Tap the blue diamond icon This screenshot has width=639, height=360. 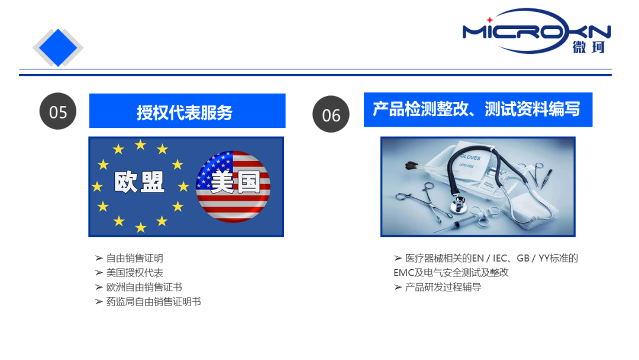click(x=58, y=47)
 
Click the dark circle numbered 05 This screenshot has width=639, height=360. click(x=58, y=111)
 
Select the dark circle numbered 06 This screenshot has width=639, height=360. click(x=331, y=114)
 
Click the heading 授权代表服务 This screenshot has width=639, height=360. click(x=187, y=111)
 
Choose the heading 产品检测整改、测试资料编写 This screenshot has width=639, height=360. click(x=477, y=110)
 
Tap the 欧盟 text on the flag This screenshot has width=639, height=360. click(x=140, y=181)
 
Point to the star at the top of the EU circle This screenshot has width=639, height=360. click(x=140, y=144)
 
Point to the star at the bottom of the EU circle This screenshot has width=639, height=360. click(x=140, y=227)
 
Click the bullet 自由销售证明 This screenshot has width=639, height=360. click(x=134, y=258)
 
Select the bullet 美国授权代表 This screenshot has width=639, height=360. click(x=134, y=273)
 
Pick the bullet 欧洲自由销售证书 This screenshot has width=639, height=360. click(x=144, y=287)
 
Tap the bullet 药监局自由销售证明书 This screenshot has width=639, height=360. click(x=153, y=302)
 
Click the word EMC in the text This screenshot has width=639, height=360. click(x=405, y=273)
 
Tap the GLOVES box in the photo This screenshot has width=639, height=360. click(x=473, y=165)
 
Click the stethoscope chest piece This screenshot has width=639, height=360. click(x=459, y=207)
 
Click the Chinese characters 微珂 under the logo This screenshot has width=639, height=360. click(x=589, y=47)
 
